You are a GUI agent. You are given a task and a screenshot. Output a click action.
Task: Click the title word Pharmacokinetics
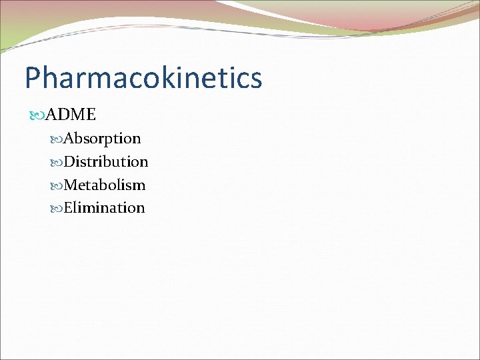tap(143, 78)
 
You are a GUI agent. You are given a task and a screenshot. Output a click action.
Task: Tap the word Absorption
tap(102, 139)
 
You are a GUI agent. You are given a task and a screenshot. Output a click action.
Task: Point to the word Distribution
tap(106, 161)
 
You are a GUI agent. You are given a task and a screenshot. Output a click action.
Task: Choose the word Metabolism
tap(105, 185)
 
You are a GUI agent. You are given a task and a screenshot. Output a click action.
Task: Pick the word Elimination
tap(104, 207)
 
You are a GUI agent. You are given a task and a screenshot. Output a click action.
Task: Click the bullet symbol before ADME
tap(37, 115)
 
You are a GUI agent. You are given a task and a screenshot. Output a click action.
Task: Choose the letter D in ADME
tap(64, 115)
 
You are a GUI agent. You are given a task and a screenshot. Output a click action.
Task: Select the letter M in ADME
tap(78, 115)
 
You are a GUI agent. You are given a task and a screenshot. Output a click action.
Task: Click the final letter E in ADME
tap(91, 115)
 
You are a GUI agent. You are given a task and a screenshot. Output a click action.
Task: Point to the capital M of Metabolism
tap(71, 185)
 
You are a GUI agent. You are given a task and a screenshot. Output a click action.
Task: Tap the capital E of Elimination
tap(68, 207)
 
